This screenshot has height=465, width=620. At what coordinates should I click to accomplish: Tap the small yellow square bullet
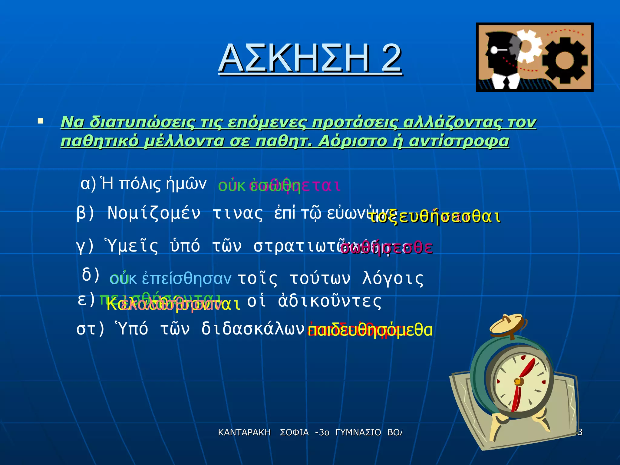click(x=40, y=122)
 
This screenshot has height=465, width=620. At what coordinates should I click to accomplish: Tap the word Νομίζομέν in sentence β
click(x=154, y=213)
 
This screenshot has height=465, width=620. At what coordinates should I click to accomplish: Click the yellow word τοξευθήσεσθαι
click(x=436, y=217)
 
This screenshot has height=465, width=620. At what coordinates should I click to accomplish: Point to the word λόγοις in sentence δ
click(x=393, y=279)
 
